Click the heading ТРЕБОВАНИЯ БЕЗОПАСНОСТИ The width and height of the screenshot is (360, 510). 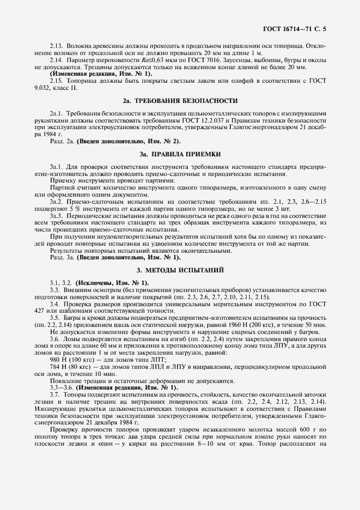pos(185,101)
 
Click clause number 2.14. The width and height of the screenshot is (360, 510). pos(57,59)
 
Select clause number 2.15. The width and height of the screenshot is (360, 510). pos(57,81)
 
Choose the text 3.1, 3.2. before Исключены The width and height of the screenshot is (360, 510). pos(60,283)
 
